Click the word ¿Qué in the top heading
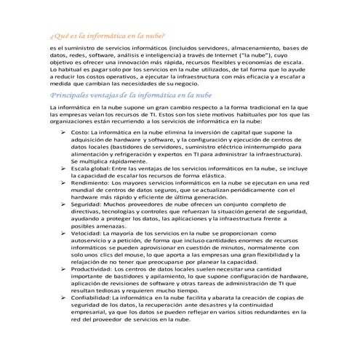[x=56, y=35]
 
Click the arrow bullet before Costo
[x=63, y=134]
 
